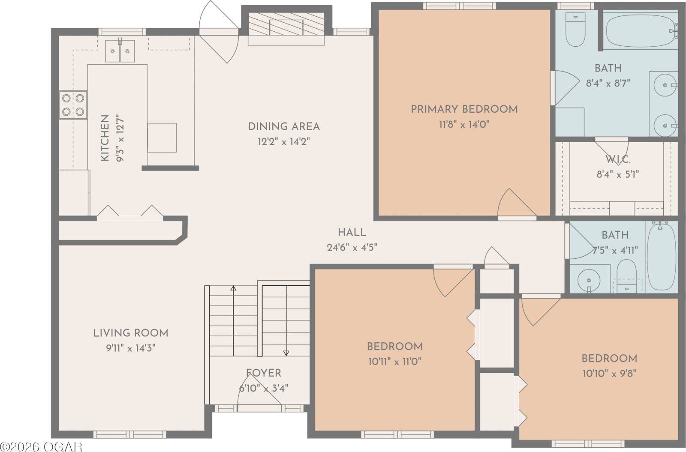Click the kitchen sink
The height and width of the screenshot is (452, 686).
pyautogui.click(x=120, y=51)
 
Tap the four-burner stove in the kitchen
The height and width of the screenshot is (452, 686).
pyautogui.click(x=73, y=105)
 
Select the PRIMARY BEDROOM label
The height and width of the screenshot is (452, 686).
pyautogui.click(x=464, y=109)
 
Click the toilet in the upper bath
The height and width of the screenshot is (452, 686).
pyautogui.click(x=575, y=29)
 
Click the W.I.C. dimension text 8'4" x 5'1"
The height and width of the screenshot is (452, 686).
pyautogui.click(x=618, y=174)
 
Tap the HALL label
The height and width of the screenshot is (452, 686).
pyautogui.click(x=352, y=233)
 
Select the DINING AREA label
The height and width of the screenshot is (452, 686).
pyautogui.click(x=284, y=127)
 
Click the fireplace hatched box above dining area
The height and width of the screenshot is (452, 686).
pyautogui.click(x=286, y=24)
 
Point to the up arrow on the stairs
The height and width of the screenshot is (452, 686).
pyautogui.click(x=233, y=288)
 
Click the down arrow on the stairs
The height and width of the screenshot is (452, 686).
pyautogui.click(x=286, y=353)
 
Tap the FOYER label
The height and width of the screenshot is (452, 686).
pyautogui.click(x=264, y=373)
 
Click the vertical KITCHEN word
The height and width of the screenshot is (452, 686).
pyautogui.click(x=105, y=138)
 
